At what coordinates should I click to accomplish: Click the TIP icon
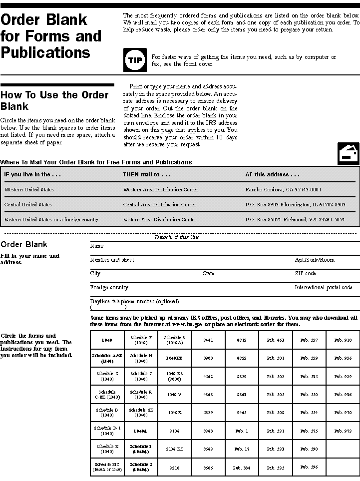coord(135,60)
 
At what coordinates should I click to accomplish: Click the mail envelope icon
coord(349,153)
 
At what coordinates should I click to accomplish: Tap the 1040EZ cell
coord(175,358)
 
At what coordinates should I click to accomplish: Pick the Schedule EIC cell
coord(107,467)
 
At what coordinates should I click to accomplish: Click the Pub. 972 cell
coord(343,431)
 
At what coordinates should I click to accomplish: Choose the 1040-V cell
coord(175,395)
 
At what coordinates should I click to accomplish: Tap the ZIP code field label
coord(305,274)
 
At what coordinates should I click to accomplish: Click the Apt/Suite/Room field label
coord(315,260)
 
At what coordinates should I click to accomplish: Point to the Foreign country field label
coord(109,288)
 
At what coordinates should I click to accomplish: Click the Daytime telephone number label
coord(134,302)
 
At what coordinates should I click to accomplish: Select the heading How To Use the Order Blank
coord(54,100)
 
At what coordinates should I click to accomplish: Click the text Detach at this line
coord(177,238)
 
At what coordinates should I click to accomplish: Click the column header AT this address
coord(272,175)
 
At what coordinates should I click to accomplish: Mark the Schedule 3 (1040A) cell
coord(175,340)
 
